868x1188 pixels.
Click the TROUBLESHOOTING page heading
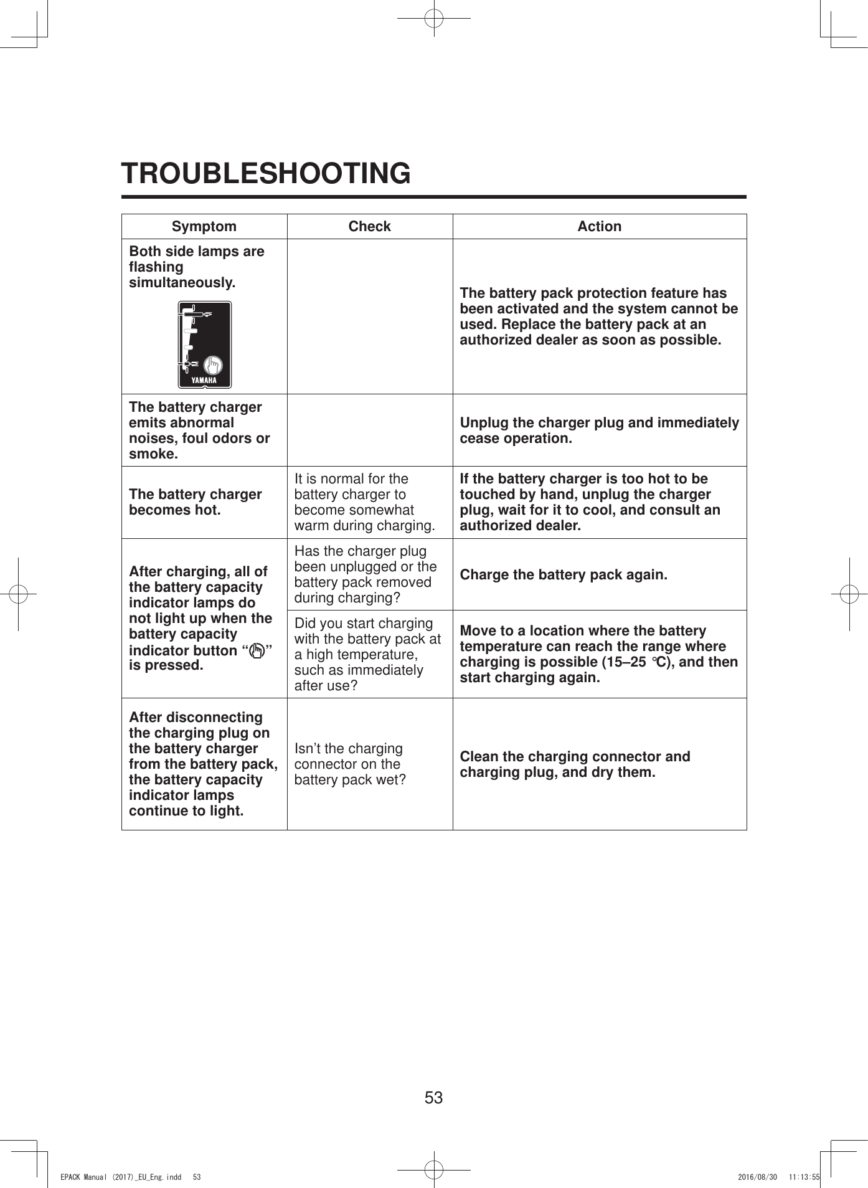tap(266, 173)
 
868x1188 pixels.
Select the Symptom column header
tap(204, 226)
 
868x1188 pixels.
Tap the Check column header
tap(369, 226)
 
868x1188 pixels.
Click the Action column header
tap(599, 226)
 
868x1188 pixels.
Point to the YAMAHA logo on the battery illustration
tap(204, 380)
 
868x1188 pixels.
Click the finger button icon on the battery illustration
tap(213, 364)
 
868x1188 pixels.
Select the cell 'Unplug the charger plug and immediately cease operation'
tap(599, 430)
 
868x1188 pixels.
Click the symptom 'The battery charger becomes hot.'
tap(195, 502)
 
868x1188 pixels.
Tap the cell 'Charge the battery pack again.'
tap(563, 574)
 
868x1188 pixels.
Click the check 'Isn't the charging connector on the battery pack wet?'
tap(350, 764)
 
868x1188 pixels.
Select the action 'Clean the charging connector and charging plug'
tap(574, 764)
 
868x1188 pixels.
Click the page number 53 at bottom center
tap(433, 1097)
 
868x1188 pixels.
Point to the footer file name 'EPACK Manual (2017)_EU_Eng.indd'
tap(120, 1177)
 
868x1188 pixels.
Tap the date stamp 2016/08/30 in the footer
tap(757, 1177)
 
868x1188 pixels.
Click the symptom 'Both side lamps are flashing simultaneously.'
tap(196, 267)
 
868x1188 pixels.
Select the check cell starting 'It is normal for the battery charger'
tap(364, 502)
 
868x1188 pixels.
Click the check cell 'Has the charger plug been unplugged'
tap(365, 574)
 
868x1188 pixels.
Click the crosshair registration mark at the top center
tap(434, 18)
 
